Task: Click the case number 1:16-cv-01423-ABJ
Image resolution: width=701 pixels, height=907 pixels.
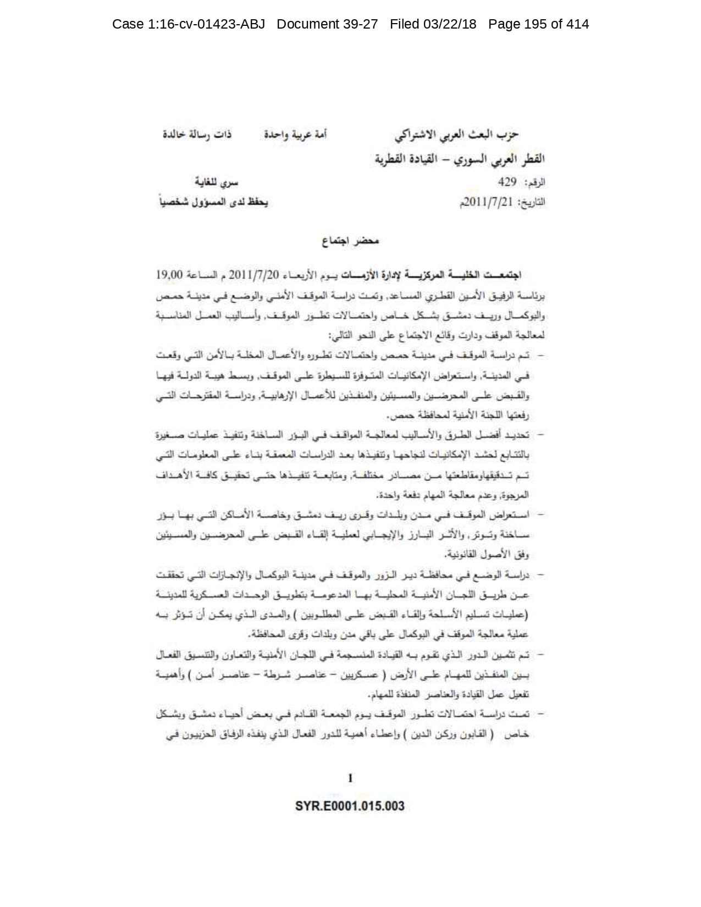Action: coord(188,24)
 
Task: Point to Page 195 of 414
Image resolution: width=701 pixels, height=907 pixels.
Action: coord(538,24)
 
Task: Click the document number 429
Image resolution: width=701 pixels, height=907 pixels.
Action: coord(507,182)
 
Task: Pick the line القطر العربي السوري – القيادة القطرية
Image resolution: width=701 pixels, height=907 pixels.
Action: coord(458,159)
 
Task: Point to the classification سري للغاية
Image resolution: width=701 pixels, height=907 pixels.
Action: coord(218,182)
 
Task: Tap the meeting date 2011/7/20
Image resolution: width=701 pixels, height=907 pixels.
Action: coord(254,274)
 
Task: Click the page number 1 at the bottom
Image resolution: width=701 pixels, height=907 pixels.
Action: coord(350,778)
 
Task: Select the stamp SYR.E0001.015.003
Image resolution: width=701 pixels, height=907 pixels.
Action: coord(350,806)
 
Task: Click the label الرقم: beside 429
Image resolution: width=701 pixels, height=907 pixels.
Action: coord(534,182)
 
